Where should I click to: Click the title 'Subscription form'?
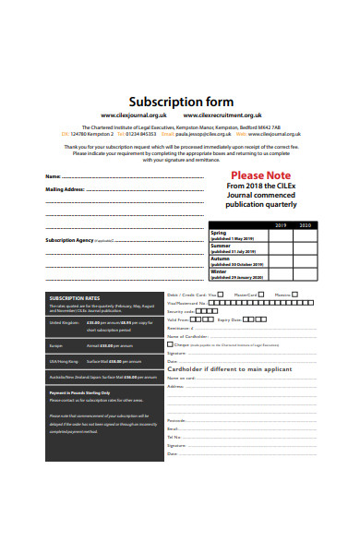(x=180, y=101)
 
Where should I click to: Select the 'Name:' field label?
(x=54, y=175)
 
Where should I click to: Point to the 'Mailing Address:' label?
(x=65, y=188)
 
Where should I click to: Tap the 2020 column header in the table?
(x=306, y=225)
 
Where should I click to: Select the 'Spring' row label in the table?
(x=220, y=233)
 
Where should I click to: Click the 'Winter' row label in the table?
(x=219, y=271)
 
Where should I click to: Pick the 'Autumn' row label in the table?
(x=222, y=259)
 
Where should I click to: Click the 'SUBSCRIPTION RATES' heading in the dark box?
(x=74, y=298)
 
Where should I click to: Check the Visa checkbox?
(x=222, y=295)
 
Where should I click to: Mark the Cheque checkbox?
(x=170, y=343)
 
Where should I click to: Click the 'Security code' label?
(x=180, y=311)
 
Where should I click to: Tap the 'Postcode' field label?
(x=176, y=420)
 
